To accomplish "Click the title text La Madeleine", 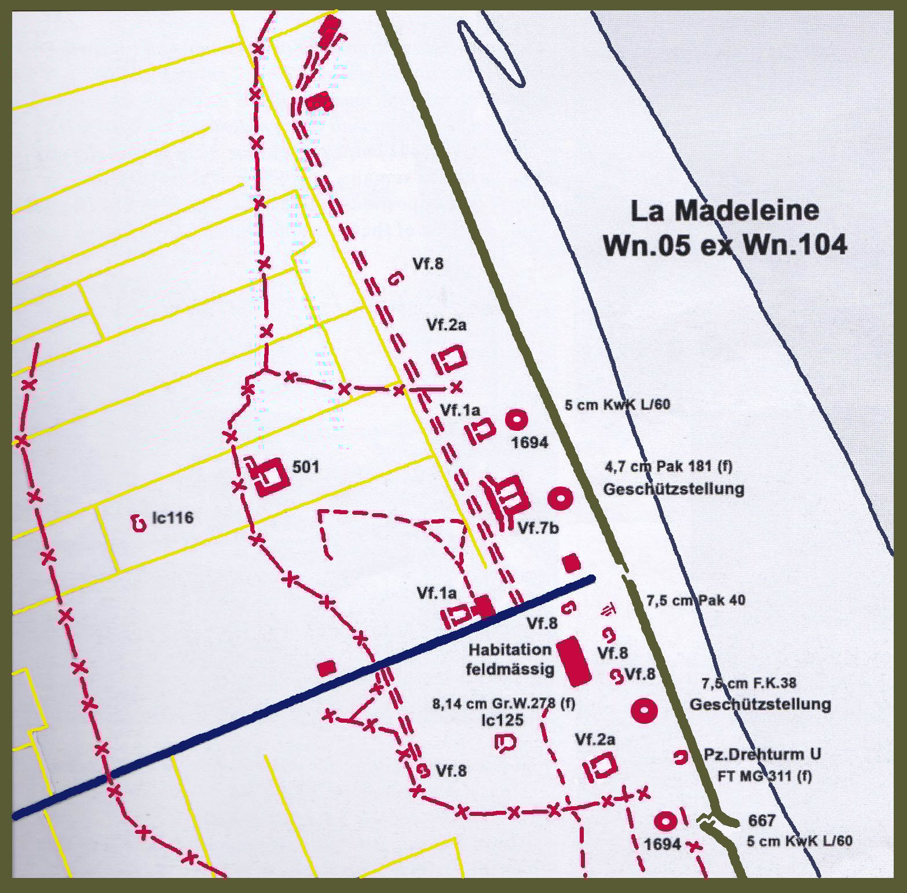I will coord(725,210).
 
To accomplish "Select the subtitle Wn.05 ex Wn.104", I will coord(725,245).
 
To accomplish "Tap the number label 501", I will coord(305,467).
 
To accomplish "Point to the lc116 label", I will coord(173,518).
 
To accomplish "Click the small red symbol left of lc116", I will coord(138,524).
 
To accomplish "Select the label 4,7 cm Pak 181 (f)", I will coord(668,466).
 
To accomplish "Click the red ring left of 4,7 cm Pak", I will coord(560,498).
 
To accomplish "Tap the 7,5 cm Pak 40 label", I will coord(696,601).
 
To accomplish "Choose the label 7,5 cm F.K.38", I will coord(749,683).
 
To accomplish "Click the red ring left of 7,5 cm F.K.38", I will coord(643,710).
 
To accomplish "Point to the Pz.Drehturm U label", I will coord(762,755).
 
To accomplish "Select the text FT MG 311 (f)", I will coord(764,776).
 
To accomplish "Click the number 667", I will coord(761,821).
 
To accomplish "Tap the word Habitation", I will coord(510,649).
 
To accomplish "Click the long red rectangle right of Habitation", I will coord(573,660).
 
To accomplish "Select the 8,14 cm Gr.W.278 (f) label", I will coord(504,704).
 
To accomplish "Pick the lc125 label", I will coord(502,720).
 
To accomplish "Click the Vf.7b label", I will coord(538,528).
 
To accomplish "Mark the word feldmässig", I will coord(510,669).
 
